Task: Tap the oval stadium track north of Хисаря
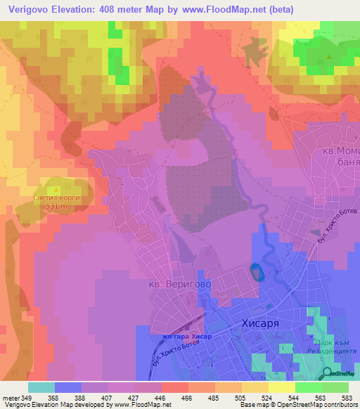(x=257, y=272)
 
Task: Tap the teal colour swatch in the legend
(x=41, y=387)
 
